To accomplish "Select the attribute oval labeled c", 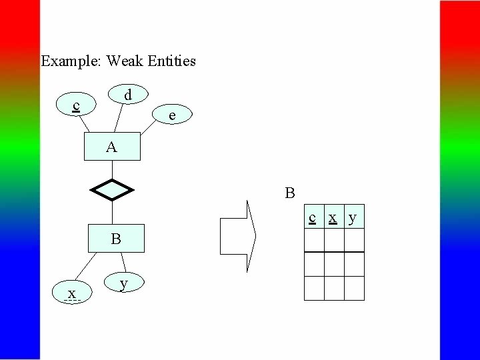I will pyautogui.click(x=77, y=105).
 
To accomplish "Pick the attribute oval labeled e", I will pyautogui.click(x=173, y=115).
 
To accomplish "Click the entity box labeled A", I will pyautogui.click(x=112, y=147).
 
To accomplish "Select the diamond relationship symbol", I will pyautogui.click(x=112, y=190).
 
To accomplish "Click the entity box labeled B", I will pyautogui.click(x=116, y=239).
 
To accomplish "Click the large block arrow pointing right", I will pyautogui.click(x=238, y=236).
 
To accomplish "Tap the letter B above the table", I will pyautogui.click(x=290, y=194).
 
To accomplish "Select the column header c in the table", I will pyautogui.click(x=313, y=217).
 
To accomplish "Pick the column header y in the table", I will pyautogui.click(x=353, y=217).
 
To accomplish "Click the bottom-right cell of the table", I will pyautogui.click(x=354, y=288).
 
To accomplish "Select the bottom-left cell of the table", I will pyautogui.click(x=314, y=288).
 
